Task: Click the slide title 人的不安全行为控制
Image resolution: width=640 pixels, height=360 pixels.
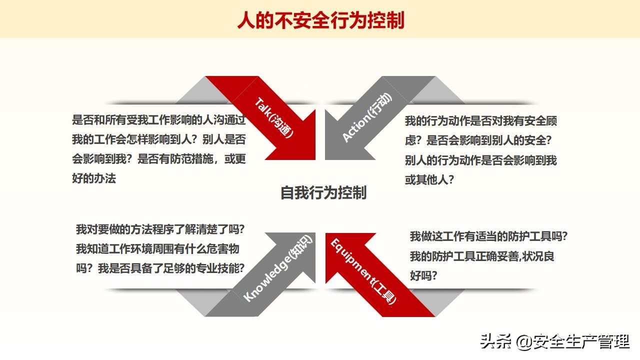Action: click(x=320, y=20)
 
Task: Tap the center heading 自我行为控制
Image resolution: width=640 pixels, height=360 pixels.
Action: click(x=323, y=192)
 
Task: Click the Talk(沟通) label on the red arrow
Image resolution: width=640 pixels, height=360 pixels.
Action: click(x=274, y=118)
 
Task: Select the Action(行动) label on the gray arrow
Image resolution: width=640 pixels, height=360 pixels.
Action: click(x=367, y=117)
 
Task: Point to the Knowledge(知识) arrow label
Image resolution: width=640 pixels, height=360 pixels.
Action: click(x=277, y=268)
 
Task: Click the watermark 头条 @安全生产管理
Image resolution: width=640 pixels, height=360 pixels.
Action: click(x=554, y=342)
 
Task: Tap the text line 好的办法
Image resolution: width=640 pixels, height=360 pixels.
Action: click(x=94, y=178)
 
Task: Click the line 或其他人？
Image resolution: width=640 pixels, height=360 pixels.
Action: click(x=429, y=180)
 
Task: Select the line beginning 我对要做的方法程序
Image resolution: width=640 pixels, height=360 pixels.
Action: click(x=160, y=230)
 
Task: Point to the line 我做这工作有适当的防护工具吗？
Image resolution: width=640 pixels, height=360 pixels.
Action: click(x=488, y=236)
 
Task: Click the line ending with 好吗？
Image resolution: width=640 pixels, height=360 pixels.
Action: click(x=423, y=275)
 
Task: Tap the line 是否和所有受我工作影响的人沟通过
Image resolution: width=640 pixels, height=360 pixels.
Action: click(x=159, y=120)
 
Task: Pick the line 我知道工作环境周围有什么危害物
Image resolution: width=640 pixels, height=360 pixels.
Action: click(x=157, y=249)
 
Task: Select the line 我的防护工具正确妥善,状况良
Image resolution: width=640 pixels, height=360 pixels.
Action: click(x=482, y=256)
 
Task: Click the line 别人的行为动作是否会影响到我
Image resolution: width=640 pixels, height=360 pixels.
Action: click(x=480, y=160)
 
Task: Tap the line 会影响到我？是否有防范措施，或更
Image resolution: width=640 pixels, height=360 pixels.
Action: click(x=159, y=159)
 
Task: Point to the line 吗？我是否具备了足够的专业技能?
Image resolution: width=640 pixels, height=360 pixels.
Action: click(x=160, y=268)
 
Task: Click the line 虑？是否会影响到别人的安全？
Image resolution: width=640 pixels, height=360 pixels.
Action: click(x=478, y=140)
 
